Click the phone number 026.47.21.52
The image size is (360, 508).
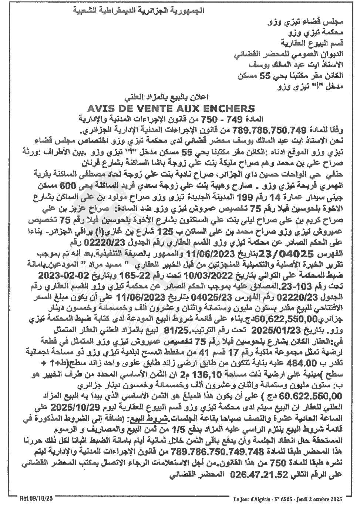pos(254,474)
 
